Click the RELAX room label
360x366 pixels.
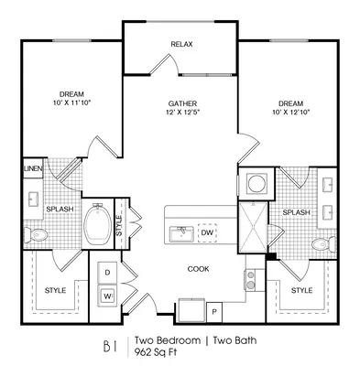pos(181,44)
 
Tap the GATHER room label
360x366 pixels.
pos(182,103)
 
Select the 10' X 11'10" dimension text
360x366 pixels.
pos(71,102)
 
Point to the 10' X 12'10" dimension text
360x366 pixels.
pos(291,112)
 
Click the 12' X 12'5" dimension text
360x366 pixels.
pos(182,112)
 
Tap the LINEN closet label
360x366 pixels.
pos(33,168)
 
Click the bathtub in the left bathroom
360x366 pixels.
pos(98,223)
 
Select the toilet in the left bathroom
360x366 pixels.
pos(35,234)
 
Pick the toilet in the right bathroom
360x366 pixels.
pos(324,244)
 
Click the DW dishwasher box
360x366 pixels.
pos(207,232)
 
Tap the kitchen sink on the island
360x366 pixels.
pos(181,234)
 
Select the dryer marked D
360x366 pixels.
pos(107,273)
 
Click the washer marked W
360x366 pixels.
pos(107,296)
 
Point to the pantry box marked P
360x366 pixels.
pos(214,312)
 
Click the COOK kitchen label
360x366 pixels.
pos(198,269)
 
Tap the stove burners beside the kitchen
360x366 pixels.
pos(251,280)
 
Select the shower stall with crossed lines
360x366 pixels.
pos(253,227)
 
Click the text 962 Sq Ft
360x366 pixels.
pos(156,352)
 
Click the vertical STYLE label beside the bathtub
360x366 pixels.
pos(119,225)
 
